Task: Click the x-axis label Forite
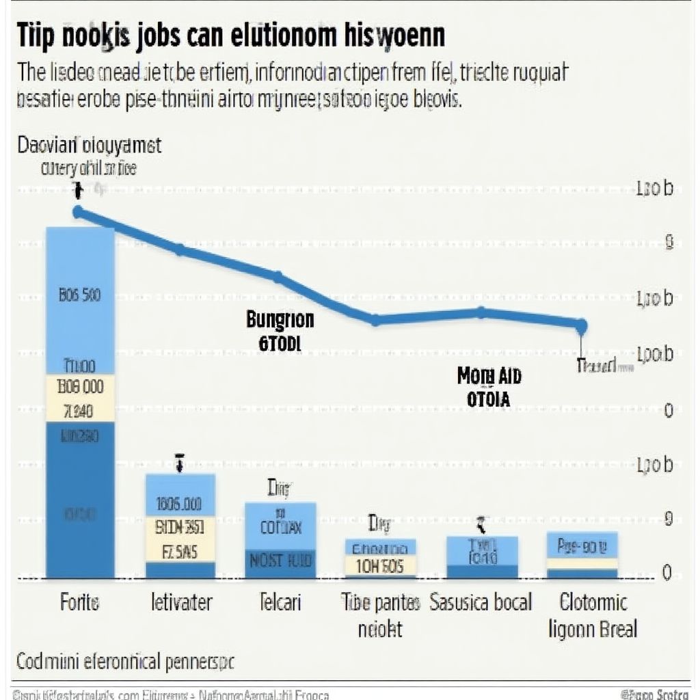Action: (x=79, y=602)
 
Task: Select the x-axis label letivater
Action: (x=180, y=602)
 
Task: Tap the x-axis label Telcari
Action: (x=280, y=602)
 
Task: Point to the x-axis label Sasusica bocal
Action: (x=481, y=602)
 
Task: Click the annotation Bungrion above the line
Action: (x=280, y=319)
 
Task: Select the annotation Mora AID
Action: (x=488, y=375)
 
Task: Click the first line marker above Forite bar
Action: (x=78, y=212)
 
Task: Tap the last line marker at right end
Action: (x=581, y=325)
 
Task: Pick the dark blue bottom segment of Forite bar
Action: (x=79, y=499)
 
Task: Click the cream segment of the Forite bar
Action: (x=79, y=398)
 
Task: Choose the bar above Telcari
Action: (x=280, y=540)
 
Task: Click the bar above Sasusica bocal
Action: (x=482, y=556)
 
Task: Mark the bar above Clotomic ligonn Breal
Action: (x=582, y=554)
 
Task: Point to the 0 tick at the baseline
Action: (x=668, y=573)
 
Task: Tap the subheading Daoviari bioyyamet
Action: (x=89, y=145)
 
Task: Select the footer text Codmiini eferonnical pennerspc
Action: (x=124, y=662)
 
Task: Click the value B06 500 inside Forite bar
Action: (x=80, y=295)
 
